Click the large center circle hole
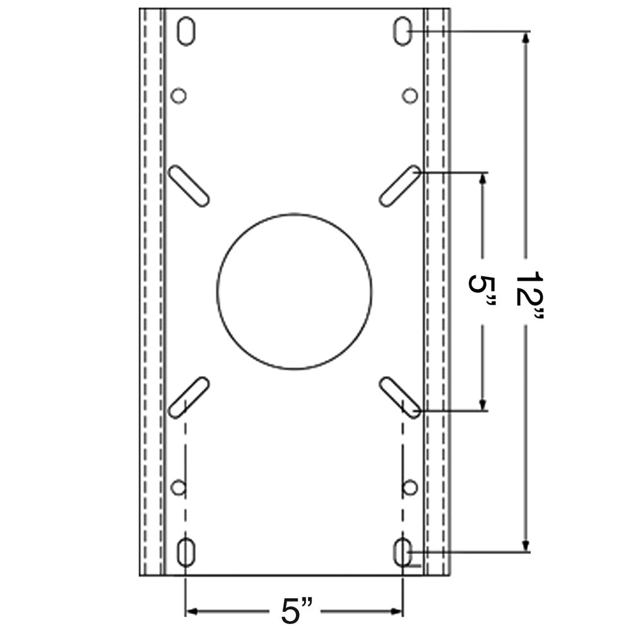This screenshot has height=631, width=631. [294, 291]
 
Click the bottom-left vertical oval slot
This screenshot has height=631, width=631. [186, 552]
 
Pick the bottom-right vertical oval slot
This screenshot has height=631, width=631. [403, 552]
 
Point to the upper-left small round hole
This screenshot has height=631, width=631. [179, 96]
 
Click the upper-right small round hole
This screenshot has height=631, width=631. [410, 96]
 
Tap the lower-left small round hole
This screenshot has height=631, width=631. [179, 487]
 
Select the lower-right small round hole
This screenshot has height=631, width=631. [410, 487]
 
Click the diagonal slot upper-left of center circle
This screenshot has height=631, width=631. [189, 186]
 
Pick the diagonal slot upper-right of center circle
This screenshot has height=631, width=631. [400, 186]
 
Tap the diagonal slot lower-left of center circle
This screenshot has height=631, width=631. [189, 397]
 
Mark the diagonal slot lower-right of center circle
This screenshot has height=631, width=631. [400, 397]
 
